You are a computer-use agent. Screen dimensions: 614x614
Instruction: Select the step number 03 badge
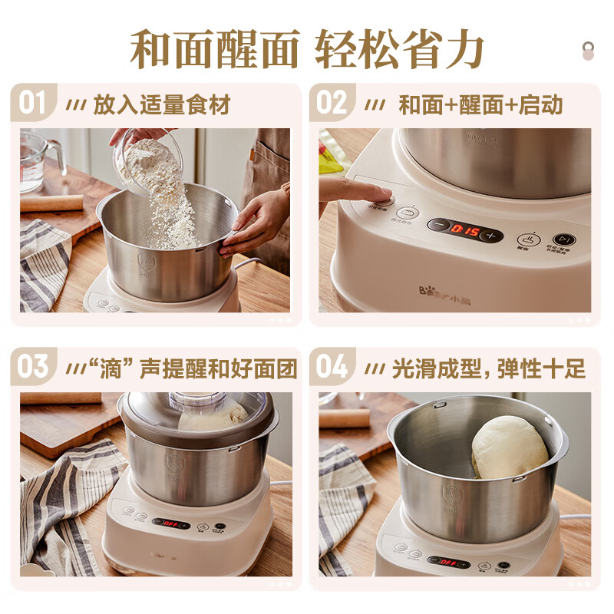(x=33, y=366)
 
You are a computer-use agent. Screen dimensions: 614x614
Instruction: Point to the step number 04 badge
(x=332, y=366)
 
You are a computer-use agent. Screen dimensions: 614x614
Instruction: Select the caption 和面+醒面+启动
(x=480, y=104)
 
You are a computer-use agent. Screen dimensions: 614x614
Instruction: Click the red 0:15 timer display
(x=464, y=230)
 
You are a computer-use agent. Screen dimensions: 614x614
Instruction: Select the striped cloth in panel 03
(x=65, y=499)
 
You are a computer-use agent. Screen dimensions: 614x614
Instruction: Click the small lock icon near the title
(x=588, y=51)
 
